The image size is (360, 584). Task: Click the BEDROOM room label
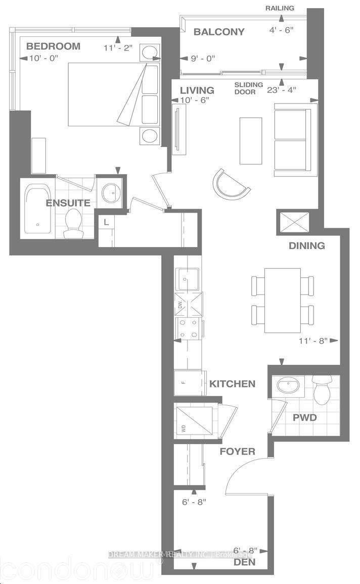tap(53, 46)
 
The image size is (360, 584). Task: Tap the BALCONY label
tap(219, 32)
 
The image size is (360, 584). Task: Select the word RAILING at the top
tap(280, 9)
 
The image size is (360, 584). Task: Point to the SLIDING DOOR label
tap(248, 88)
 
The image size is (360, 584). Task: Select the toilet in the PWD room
tap(322, 389)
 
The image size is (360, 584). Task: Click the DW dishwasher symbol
tap(181, 305)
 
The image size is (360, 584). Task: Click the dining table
tap(283, 300)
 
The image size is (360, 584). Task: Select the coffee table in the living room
tap(251, 140)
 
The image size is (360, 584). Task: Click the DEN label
tap(244, 562)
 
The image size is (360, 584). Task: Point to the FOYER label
tap(237, 451)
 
